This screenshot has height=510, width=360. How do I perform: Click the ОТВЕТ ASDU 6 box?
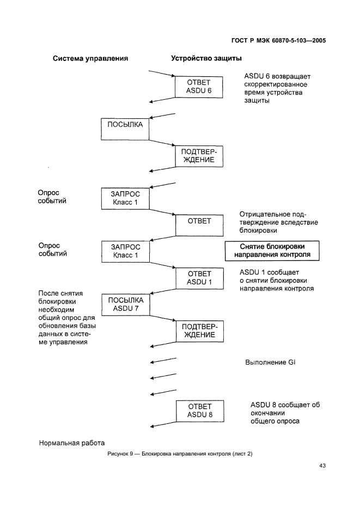[x=199, y=87]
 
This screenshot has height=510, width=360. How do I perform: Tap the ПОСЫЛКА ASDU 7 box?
[x=126, y=305]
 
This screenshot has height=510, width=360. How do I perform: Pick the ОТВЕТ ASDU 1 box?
[x=199, y=278]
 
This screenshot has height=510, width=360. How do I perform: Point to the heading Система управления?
[x=90, y=58]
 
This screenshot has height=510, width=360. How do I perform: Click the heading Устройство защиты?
[x=207, y=58]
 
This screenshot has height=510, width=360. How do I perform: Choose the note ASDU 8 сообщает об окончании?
[x=284, y=412]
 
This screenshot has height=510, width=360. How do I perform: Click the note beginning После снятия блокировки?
[x=67, y=318]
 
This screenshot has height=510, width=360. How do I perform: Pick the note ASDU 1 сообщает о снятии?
[x=276, y=280]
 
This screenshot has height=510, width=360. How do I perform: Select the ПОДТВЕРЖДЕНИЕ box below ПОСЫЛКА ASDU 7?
[x=199, y=331]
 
